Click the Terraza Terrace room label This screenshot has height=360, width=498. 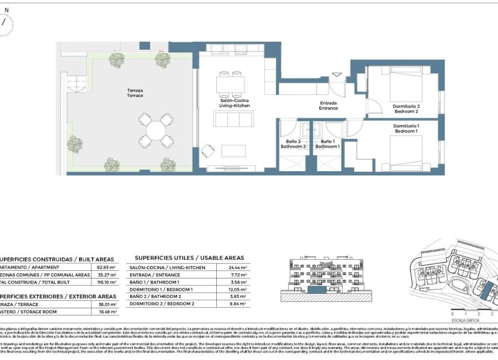(135, 93)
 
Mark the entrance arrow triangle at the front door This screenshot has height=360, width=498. (336, 74)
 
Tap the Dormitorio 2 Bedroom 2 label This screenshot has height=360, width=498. (406, 108)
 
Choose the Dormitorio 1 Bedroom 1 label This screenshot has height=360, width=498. (406, 129)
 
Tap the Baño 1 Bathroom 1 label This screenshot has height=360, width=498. (328, 144)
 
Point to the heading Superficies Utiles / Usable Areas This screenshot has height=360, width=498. (189, 257)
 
